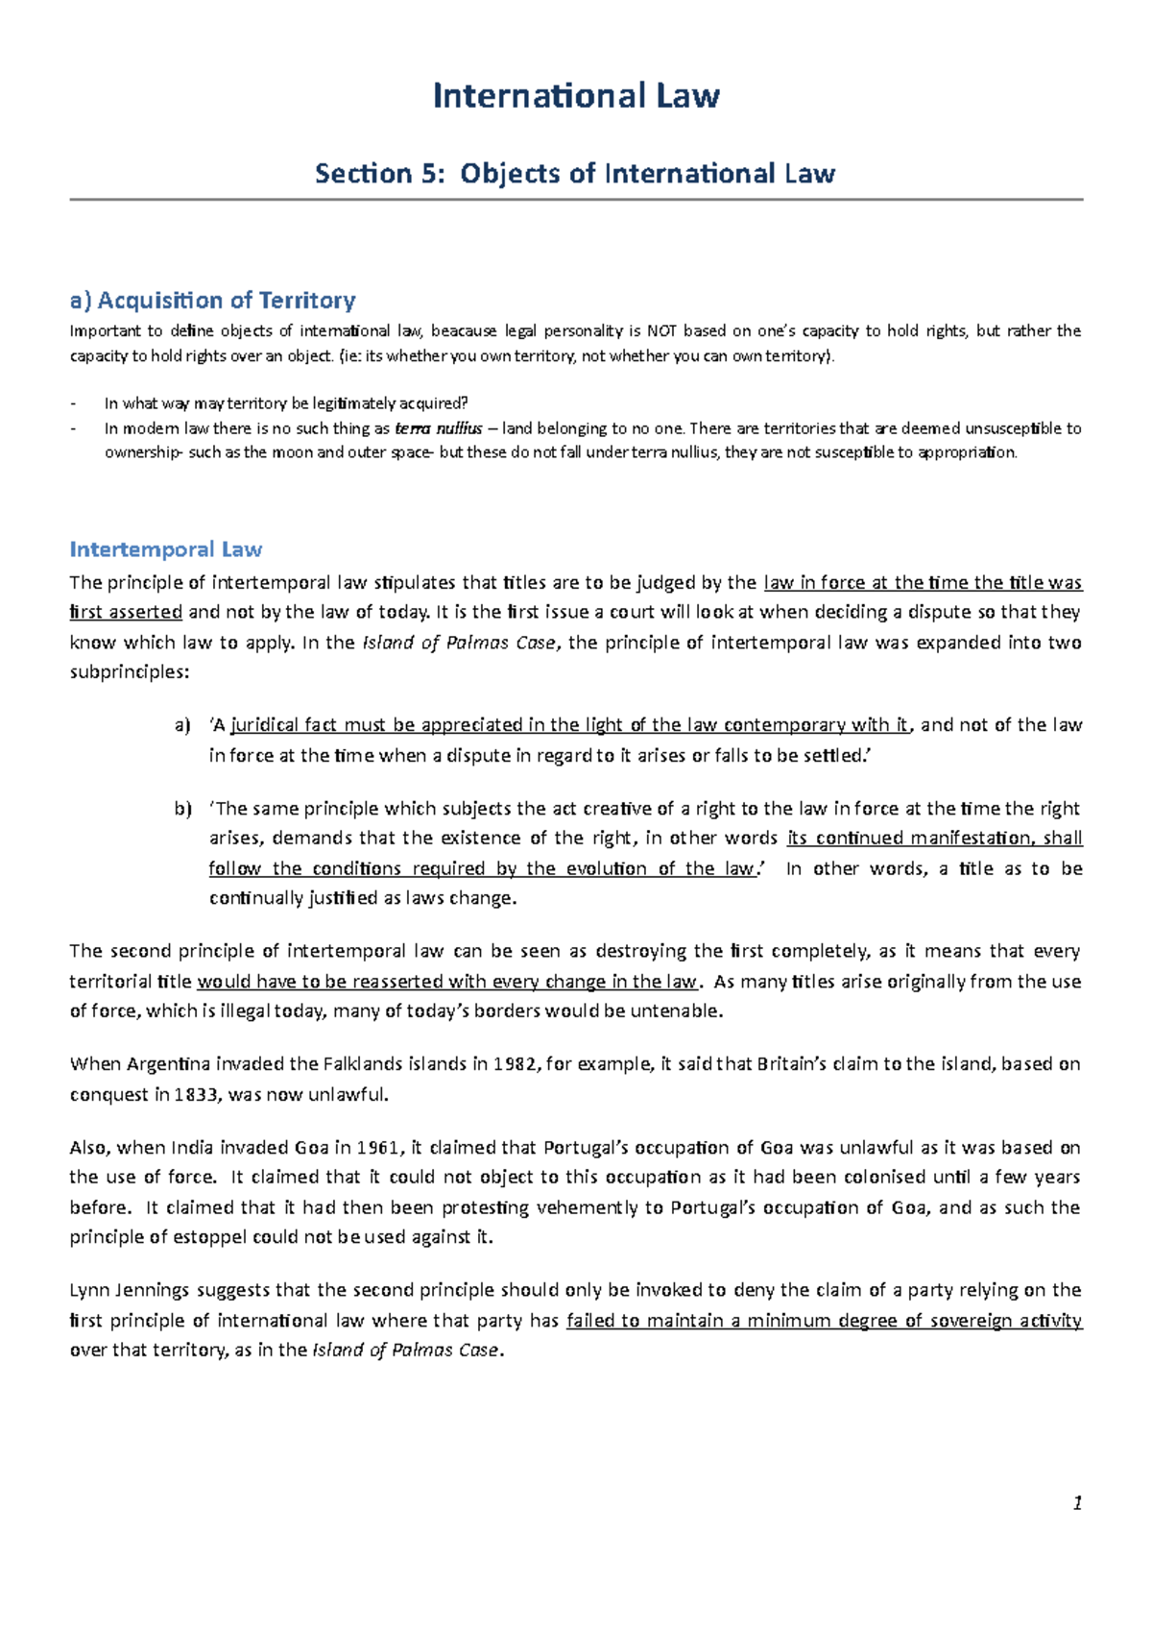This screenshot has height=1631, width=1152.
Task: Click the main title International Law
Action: pyautogui.click(x=576, y=96)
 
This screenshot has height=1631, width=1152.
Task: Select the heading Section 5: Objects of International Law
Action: pyautogui.click(x=576, y=174)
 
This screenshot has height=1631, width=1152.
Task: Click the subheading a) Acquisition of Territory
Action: pyautogui.click(x=212, y=301)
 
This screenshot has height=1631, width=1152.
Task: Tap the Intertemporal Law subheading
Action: pyautogui.click(x=165, y=549)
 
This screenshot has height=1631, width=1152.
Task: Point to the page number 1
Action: pyautogui.click(x=1077, y=1503)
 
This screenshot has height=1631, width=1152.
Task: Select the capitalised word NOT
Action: pyautogui.click(x=661, y=331)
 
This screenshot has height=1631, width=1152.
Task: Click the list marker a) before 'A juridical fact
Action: pyautogui.click(x=182, y=725)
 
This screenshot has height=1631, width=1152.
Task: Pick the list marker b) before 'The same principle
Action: pyautogui.click(x=182, y=809)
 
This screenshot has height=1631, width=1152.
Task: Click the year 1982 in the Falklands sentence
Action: pyautogui.click(x=515, y=1064)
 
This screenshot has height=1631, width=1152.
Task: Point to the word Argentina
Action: pyautogui.click(x=169, y=1064)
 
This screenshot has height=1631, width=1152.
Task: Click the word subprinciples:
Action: pyautogui.click(x=130, y=672)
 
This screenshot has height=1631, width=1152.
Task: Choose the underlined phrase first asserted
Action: pyautogui.click(x=126, y=613)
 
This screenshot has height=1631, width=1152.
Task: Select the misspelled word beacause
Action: pyautogui.click(x=464, y=331)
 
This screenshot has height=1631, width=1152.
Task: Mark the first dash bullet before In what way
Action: pyautogui.click(x=74, y=403)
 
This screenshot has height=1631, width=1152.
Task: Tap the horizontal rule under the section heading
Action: pyautogui.click(x=576, y=200)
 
